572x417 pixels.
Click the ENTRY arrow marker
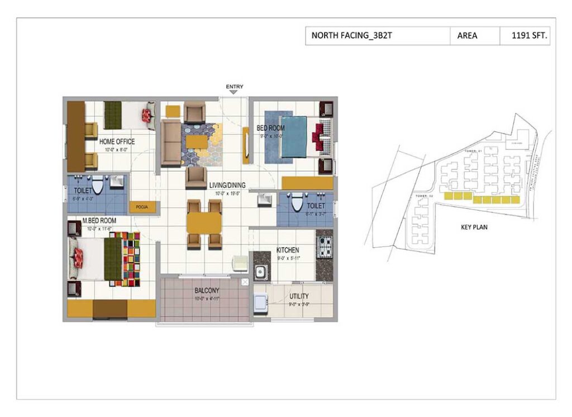(x=233, y=92)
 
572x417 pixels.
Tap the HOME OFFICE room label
(x=117, y=142)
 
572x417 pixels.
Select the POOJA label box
(x=140, y=207)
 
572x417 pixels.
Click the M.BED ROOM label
(x=99, y=220)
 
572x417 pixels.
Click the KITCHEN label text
(x=288, y=250)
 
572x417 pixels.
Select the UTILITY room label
(x=299, y=296)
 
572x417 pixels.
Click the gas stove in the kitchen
(x=325, y=245)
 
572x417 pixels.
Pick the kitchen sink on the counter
(x=260, y=273)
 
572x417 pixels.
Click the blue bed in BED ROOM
(x=294, y=137)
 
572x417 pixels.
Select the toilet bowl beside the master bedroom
(x=98, y=186)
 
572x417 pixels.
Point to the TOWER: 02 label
(x=424, y=197)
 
